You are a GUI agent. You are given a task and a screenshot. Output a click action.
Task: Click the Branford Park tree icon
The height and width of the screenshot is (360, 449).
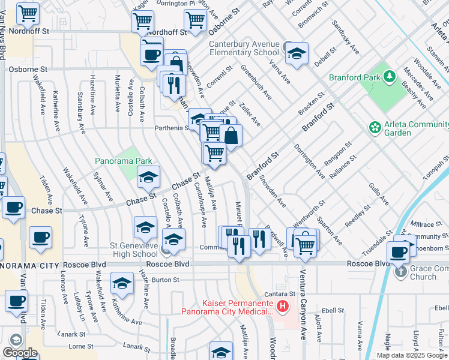[390, 77]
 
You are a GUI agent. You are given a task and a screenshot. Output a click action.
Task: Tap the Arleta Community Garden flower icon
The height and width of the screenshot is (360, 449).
[375, 127]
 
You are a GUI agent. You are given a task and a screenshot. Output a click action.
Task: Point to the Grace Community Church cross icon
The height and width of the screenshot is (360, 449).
[401, 271]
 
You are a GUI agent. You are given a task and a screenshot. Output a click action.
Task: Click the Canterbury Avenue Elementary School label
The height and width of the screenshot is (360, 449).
[244, 48]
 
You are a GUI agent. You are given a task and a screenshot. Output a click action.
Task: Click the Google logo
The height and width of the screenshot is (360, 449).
[20, 353]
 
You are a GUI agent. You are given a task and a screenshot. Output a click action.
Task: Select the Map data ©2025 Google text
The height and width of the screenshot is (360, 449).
[412, 355]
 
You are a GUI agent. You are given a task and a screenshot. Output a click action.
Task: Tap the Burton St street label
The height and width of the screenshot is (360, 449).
[165, 280]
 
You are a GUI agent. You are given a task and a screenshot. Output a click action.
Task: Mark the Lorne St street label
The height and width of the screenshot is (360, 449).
[80, 346]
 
